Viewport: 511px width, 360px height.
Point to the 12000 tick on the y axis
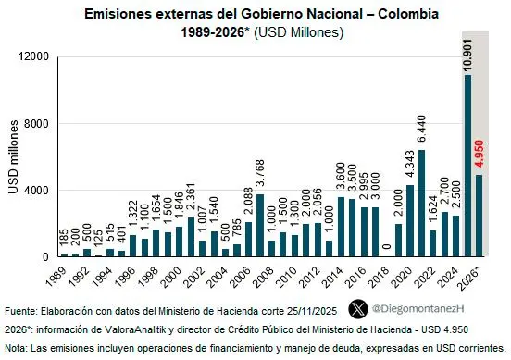[x=33, y=56]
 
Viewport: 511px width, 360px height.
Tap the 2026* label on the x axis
[x=472, y=277]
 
